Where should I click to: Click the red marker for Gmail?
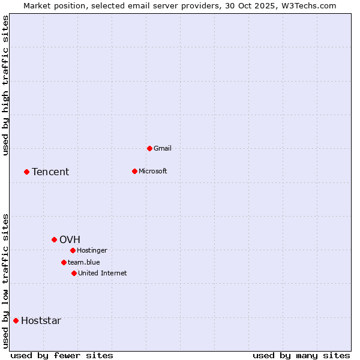click(149, 148)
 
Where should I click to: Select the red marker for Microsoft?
click(134, 171)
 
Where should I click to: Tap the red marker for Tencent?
click(26, 172)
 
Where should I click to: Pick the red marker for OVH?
click(54, 239)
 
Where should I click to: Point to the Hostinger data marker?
click(73, 250)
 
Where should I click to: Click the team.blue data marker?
click(64, 262)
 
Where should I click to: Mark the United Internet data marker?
click(74, 273)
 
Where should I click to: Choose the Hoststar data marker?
click(16, 320)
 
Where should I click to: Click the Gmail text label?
click(163, 148)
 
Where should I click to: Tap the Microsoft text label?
click(152, 171)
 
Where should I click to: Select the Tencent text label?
click(50, 172)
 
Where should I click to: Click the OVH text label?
click(70, 239)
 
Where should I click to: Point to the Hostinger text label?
click(92, 250)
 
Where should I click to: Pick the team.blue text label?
click(84, 262)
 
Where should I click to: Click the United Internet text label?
click(102, 273)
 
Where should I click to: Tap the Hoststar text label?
click(41, 320)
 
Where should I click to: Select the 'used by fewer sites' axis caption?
click(62, 355)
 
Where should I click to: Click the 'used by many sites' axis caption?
click(301, 355)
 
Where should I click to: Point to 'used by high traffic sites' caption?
click(5, 85)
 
